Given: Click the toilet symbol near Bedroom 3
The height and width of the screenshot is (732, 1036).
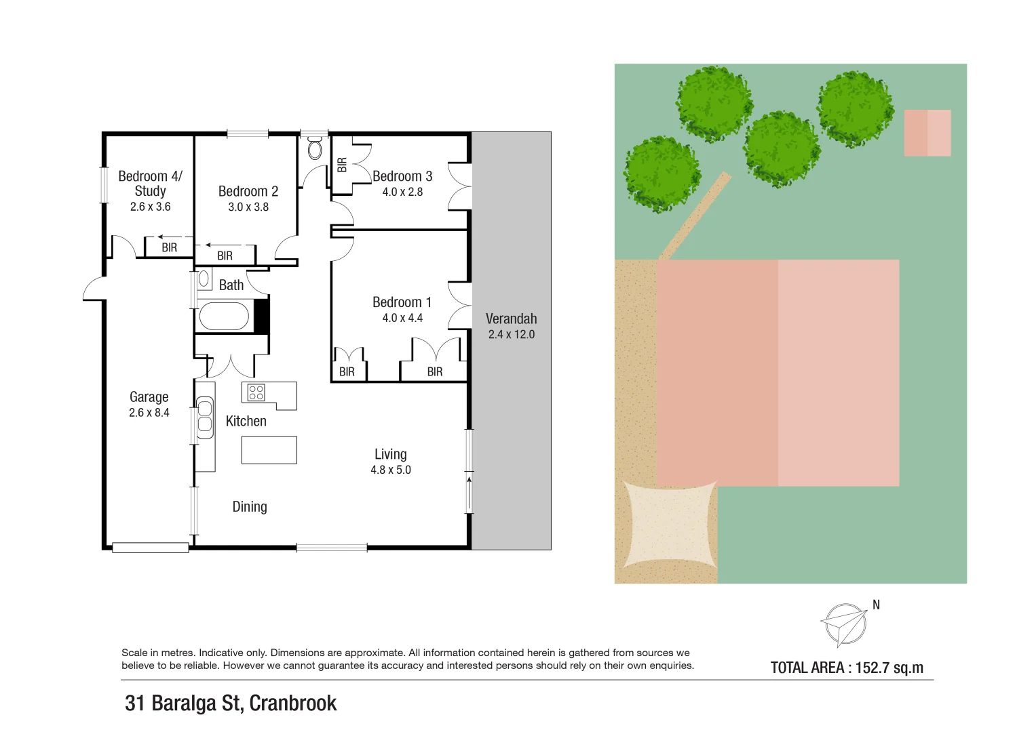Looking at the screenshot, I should pyautogui.click(x=315, y=148).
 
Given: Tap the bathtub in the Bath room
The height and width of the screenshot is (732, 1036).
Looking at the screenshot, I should pyautogui.click(x=223, y=317).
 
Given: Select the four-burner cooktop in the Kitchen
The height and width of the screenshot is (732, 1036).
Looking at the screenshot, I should pyautogui.click(x=256, y=392).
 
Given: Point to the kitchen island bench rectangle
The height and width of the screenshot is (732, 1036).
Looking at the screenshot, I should pyautogui.click(x=269, y=450).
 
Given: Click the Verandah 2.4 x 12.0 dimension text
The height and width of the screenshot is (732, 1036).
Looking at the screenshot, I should pyautogui.click(x=511, y=334).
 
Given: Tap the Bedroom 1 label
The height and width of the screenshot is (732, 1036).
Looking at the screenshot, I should pyautogui.click(x=402, y=302).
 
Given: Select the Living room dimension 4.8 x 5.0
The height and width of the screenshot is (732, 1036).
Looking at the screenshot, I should pyautogui.click(x=390, y=470).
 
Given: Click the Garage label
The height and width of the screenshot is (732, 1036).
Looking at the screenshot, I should pyautogui.click(x=149, y=397).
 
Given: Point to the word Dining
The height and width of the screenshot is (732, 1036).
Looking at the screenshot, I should pyautogui.click(x=249, y=507).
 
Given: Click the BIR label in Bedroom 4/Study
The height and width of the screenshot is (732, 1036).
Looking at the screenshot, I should pyautogui.click(x=169, y=248).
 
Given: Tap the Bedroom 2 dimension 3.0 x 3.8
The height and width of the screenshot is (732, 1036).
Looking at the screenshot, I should pyautogui.click(x=248, y=207).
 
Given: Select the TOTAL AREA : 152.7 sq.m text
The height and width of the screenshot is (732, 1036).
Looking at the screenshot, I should pyautogui.click(x=847, y=668).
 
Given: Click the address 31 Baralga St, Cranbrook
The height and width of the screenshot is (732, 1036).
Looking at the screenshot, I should pyautogui.click(x=231, y=704).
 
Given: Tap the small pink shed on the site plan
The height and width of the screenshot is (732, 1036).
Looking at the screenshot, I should pyautogui.click(x=927, y=133).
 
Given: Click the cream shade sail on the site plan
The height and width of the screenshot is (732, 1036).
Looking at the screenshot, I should pyautogui.click(x=670, y=524).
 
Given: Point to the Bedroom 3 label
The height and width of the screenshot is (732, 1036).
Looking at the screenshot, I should pyautogui.click(x=402, y=176).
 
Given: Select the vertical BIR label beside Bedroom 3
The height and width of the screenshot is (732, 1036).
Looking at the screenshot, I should pyautogui.click(x=342, y=165).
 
